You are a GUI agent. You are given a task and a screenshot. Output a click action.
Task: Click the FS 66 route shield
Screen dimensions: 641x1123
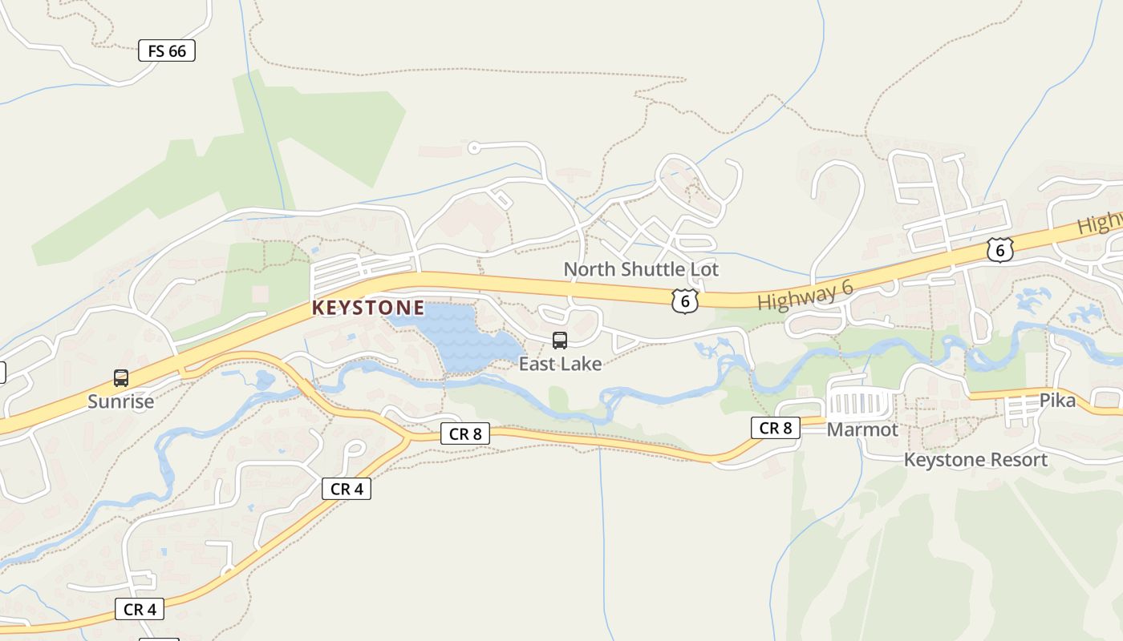coord(167,51)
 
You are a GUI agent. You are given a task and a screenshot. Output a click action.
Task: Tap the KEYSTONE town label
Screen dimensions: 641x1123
coord(368,308)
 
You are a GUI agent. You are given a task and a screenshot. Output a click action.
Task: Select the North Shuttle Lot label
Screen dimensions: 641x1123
coord(641,269)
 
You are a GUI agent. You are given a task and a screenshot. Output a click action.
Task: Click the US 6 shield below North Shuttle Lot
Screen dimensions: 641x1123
coord(684,300)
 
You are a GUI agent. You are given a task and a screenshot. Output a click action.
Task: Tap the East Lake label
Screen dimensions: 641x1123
coord(560,364)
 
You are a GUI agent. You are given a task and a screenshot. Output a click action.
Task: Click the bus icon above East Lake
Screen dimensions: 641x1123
coord(560,341)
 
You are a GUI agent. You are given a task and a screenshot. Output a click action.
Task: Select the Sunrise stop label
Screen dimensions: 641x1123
coord(120,401)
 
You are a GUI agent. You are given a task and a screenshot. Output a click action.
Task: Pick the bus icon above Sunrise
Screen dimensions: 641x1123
coord(121,377)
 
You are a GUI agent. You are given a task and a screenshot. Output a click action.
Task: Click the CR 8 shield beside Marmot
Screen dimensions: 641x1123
coord(776,428)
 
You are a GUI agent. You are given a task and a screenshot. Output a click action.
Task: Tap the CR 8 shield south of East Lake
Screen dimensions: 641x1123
coord(465,434)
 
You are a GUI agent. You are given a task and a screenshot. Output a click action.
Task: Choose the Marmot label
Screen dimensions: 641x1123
coord(862,429)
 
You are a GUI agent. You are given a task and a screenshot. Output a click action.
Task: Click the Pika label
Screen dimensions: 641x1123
coord(1057,401)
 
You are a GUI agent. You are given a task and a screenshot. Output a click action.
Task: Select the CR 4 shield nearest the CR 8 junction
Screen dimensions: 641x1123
coord(347,489)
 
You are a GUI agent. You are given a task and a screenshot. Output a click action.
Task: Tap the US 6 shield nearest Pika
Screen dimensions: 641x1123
coord(999,250)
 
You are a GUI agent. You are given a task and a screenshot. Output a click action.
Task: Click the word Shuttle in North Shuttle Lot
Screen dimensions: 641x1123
coord(647,269)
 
